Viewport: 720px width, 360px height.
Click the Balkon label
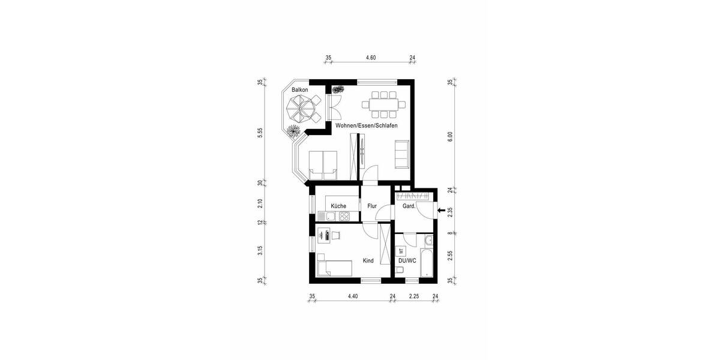coord(299,90)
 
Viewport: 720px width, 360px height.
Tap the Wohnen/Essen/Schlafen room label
coord(366,125)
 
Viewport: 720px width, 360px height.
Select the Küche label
coord(338,206)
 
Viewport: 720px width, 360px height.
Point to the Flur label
coord(372,206)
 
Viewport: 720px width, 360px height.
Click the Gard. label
coord(409,206)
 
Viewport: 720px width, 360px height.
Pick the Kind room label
coord(368,261)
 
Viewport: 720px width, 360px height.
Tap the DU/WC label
coord(407,261)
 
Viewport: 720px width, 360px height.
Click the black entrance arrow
coord(442,211)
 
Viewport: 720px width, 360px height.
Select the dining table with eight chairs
coord(383,104)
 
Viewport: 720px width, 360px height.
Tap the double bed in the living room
coord(323,164)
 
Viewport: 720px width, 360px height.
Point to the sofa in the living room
coord(401,154)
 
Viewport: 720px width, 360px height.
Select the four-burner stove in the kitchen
coord(341,216)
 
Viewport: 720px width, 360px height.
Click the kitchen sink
coord(326,216)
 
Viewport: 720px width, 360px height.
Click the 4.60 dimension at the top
coord(371,58)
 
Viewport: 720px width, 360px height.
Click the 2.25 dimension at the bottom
coord(414,296)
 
